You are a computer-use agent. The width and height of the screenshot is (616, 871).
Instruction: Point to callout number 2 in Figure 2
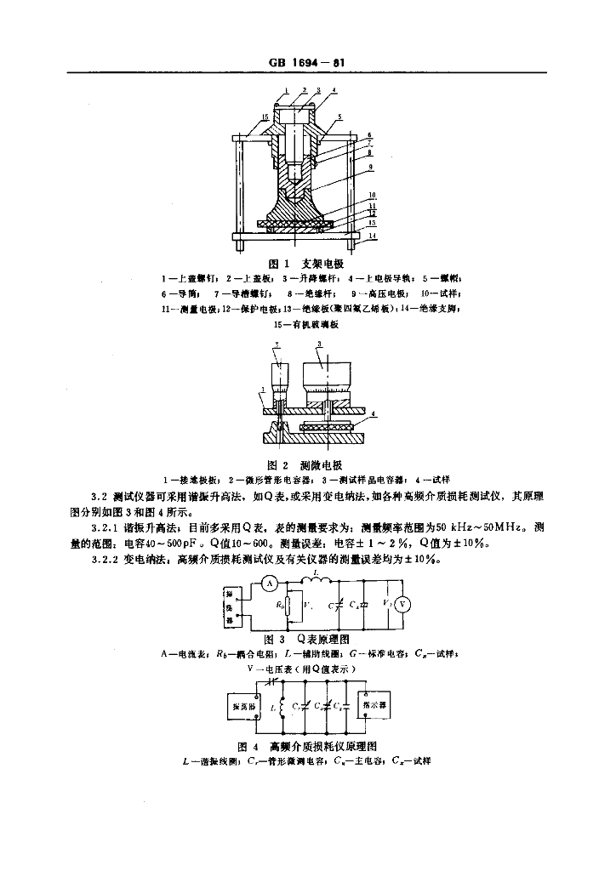click(x=277, y=345)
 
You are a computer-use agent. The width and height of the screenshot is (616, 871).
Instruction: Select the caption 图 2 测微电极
click(x=304, y=465)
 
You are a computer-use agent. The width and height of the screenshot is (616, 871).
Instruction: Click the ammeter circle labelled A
click(x=266, y=583)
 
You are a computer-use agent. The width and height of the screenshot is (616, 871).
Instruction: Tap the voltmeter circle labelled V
click(x=405, y=603)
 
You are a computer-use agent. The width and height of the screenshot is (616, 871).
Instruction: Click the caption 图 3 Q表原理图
click(x=308, y=638)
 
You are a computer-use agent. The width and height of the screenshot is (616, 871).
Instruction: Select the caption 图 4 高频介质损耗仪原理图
click(x=308, y=745)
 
